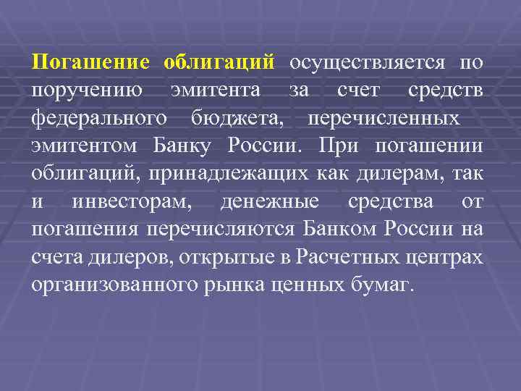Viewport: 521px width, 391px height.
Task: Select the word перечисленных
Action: pos(383,117)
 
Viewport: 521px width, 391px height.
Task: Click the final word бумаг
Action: pos(391,283)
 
